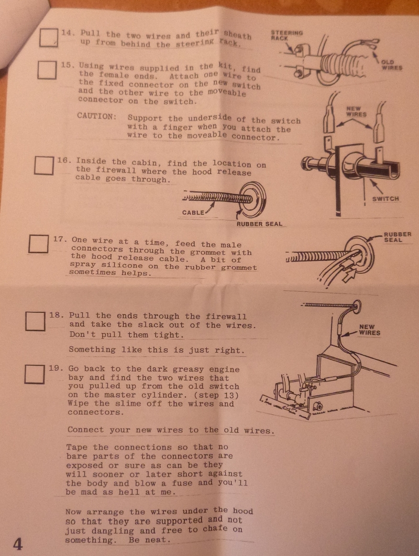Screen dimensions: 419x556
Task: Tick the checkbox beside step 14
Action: [x=49, y=37]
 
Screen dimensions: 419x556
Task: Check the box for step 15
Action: [x=47, y=70]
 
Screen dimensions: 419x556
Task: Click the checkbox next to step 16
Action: [x=44, y=165]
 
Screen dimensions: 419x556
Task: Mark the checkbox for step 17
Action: [x=38, y=244]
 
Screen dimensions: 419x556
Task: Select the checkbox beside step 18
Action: [x=35, y=321]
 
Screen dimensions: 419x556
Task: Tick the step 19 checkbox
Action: [x=35, y=375]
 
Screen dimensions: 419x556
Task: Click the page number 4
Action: [x=18, y=543]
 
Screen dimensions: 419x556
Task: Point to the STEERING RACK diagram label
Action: [x=287, y=35]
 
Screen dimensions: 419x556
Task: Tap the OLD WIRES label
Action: [x=392, y=65]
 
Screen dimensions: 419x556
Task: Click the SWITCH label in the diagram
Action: [x=385, y=199]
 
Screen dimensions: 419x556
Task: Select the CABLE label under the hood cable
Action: [x=193, y=213]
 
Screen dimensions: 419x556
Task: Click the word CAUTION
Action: [x=96, y=116]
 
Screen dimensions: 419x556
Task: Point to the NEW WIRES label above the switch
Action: [x=356, y=111]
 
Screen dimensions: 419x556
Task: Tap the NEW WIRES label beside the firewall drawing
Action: [x=369, y=330]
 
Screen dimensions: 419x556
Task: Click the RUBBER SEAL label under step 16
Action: [x=259, y=224]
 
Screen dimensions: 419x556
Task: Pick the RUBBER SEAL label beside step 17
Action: [x=398, y=237]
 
